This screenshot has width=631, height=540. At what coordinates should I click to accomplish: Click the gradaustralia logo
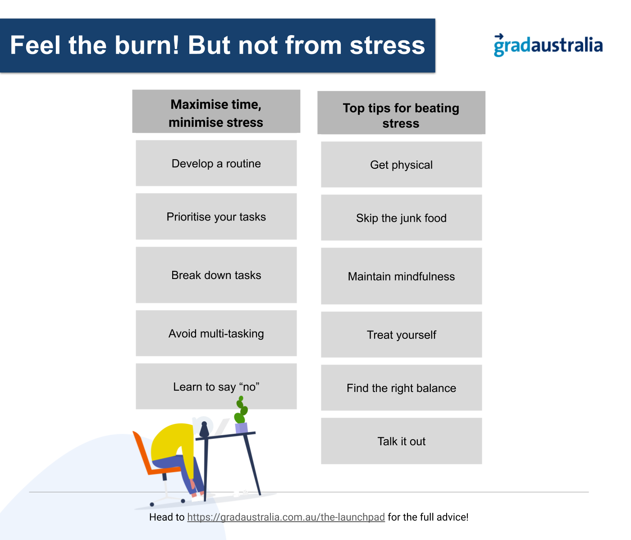(x=548, y=45)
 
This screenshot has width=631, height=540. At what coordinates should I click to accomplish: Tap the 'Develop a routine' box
(x=216, y=163)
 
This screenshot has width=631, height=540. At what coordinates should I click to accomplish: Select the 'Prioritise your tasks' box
(x=216, y=216)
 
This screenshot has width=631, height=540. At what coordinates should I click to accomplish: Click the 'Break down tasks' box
(x=216, y=275)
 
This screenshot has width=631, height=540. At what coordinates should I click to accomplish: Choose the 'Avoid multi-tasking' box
(x=216, y=333)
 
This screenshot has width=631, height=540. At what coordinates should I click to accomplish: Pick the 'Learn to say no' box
(x=216, y=386)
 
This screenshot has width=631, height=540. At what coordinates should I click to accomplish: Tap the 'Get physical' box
(x=402, y=164)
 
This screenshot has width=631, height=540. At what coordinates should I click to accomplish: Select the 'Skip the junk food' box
(x=402, y=218)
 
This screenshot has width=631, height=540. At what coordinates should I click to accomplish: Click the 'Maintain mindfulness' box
(x=402, y=276)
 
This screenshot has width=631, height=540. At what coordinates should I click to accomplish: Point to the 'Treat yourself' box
(x=402, y=334)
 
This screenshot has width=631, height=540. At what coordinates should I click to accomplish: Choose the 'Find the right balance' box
(x=402, y=387)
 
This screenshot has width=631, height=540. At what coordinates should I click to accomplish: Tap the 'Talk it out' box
(x=402, y=441)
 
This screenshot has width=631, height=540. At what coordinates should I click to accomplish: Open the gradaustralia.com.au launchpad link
(x=286, y=517)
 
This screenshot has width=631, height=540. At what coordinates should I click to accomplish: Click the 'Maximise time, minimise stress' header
(x=216, y=111)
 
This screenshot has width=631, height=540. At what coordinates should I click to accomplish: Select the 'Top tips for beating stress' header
(x=402, y=112)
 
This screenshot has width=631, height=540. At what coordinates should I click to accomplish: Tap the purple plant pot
(x=241, y=428)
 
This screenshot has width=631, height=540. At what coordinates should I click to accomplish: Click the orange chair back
(x=142, y=451)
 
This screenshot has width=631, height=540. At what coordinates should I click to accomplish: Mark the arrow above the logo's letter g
(x=499, y=36)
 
